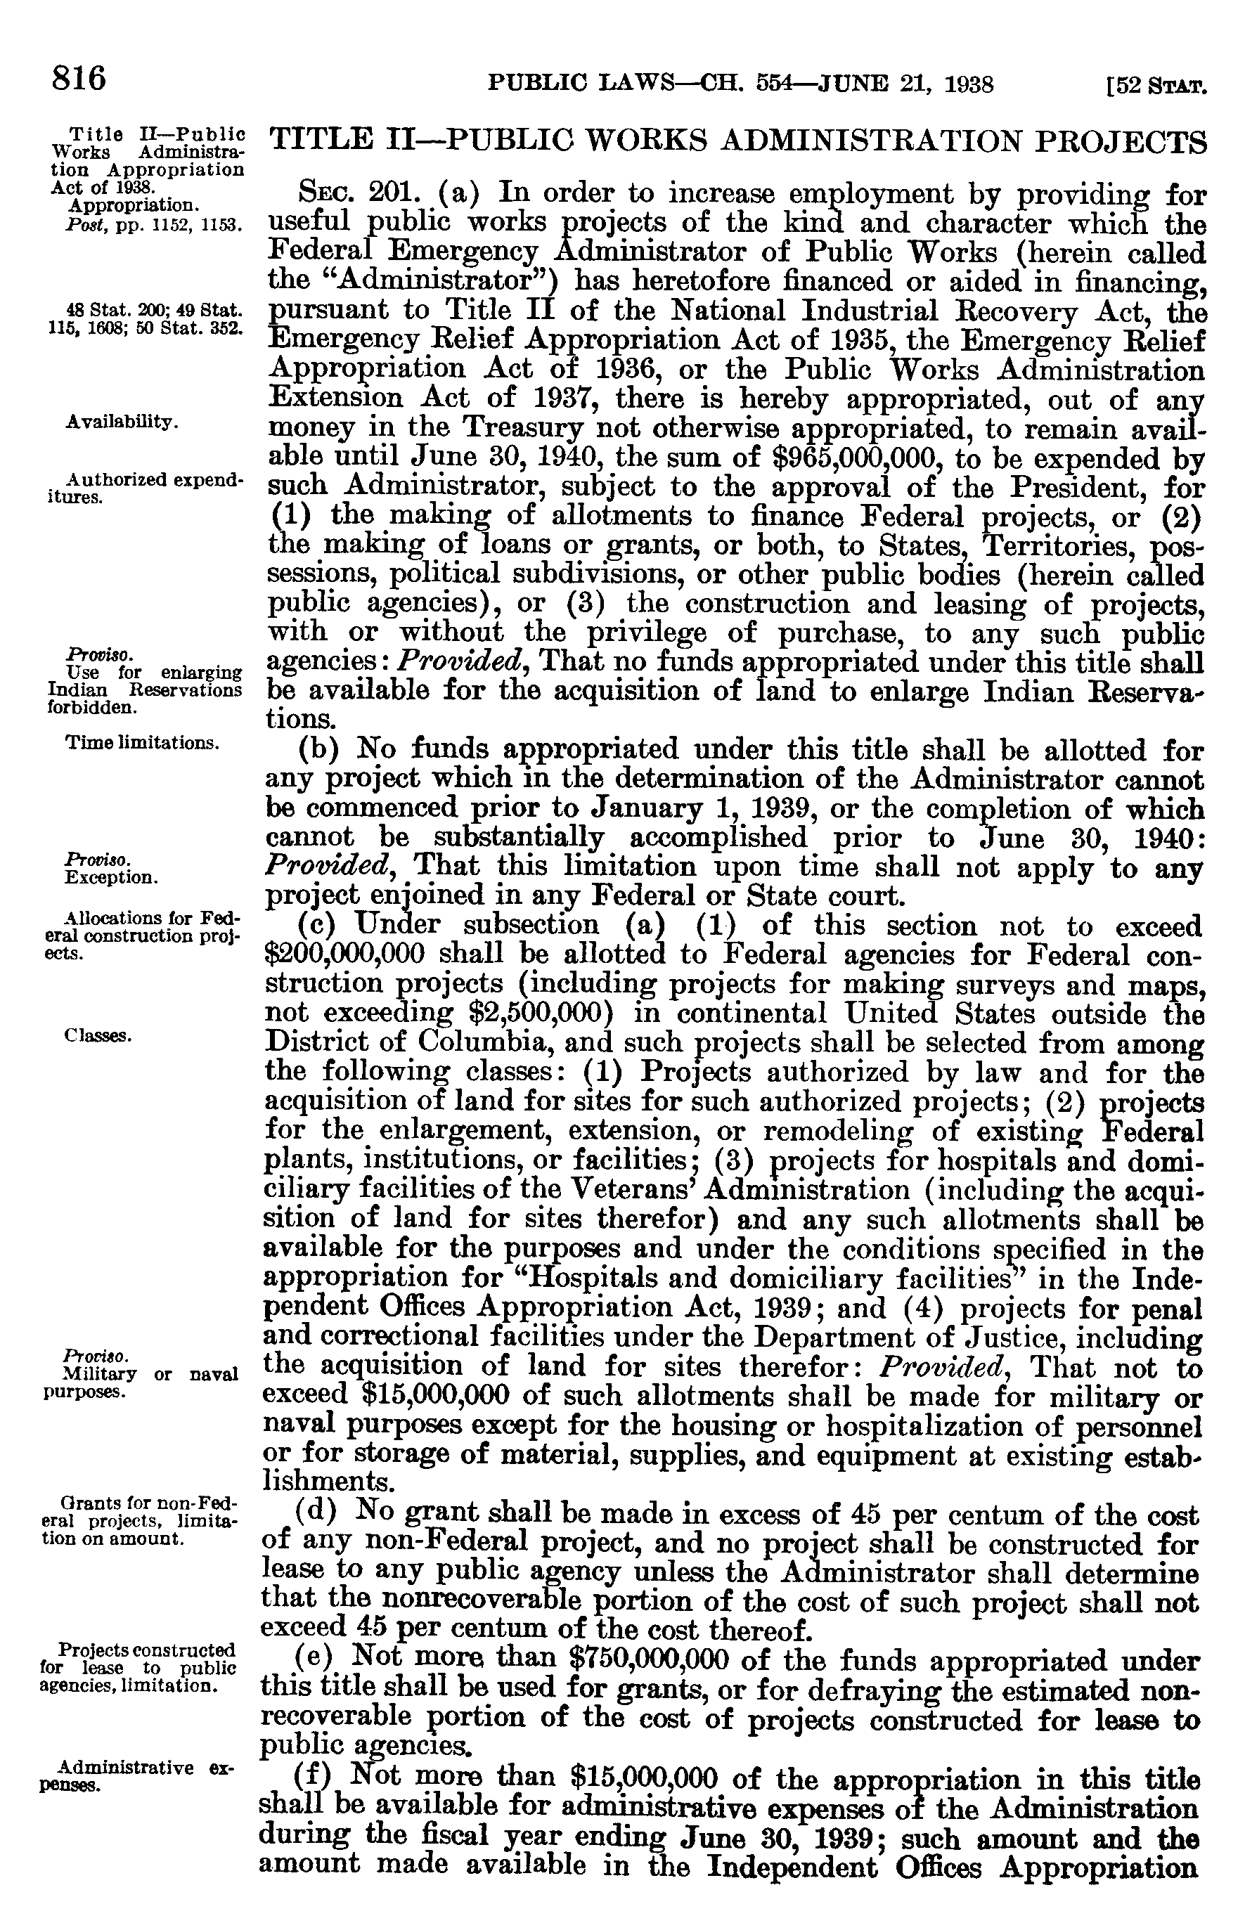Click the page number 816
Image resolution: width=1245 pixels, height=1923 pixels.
(x=79, y=79)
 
